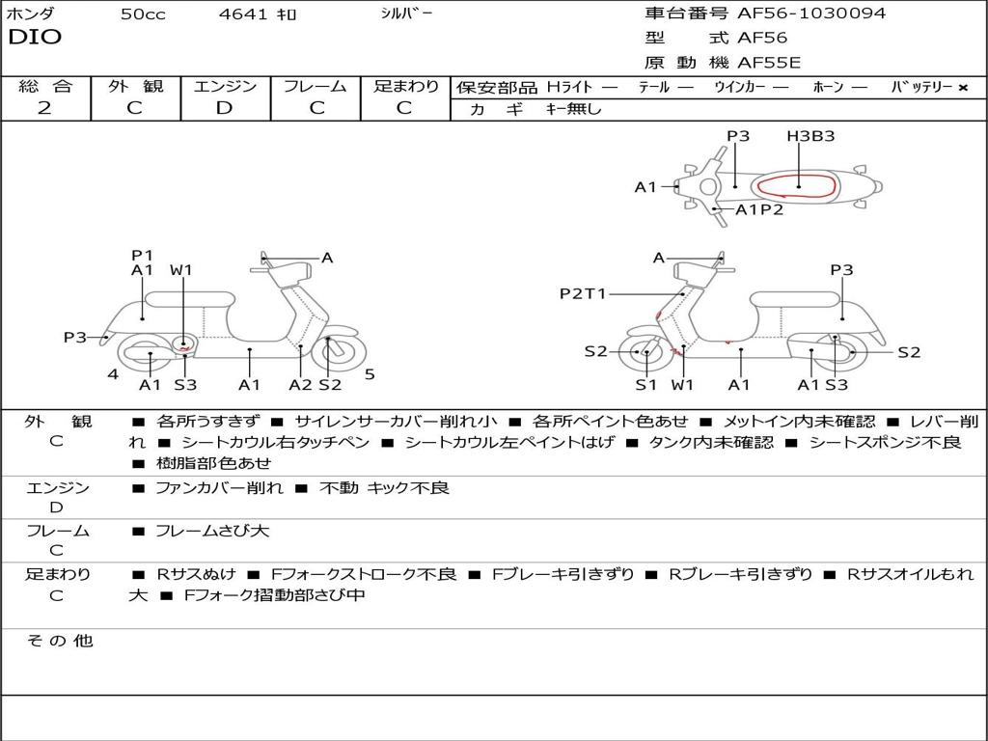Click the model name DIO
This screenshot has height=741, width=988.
coord(35,38)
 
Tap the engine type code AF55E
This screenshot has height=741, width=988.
coord(768,63)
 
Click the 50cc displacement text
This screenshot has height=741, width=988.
coord(143,14)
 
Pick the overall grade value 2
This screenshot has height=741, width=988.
coord(44,108)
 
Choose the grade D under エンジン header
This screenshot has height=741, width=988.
coord(225,108)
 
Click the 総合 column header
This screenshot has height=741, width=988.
coord(45,86)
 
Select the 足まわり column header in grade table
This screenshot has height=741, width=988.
coord(405,86)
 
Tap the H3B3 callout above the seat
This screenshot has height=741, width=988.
coord(810,136)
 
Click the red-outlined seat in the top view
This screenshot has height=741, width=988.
coord(794,186)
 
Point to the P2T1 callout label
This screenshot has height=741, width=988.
coord(583,293)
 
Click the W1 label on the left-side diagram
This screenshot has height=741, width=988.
coord(181,270)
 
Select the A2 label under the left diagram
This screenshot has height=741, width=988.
coord(301,385)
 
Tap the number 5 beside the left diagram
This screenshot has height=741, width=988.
coord(370,373)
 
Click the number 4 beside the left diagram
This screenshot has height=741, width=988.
coord(113,373)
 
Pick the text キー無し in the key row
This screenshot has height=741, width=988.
coord(573,109)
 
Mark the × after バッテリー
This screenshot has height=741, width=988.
coord(962,87)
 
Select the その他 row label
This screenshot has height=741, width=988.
coord(60,641)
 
